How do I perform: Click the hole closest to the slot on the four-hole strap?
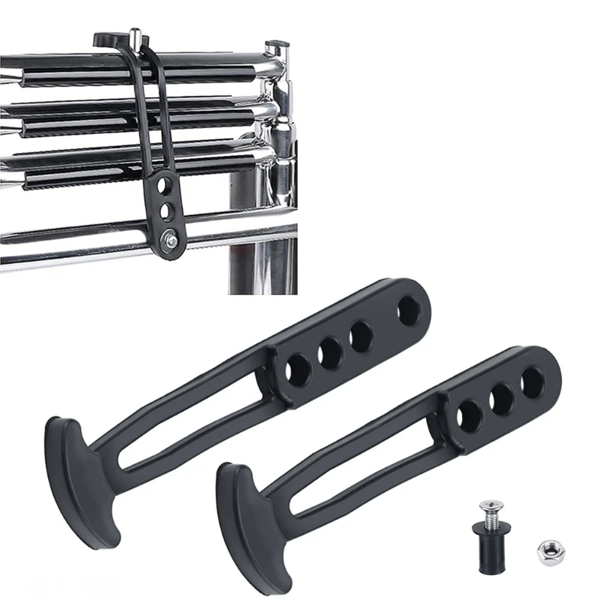299,368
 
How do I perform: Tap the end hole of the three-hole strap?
533,382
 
